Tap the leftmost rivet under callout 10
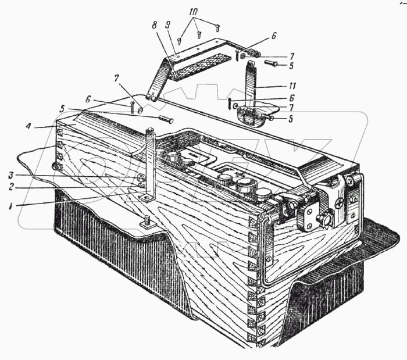180,41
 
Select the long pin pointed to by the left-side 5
166,120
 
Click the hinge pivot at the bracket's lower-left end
152,97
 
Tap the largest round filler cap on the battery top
245,187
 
